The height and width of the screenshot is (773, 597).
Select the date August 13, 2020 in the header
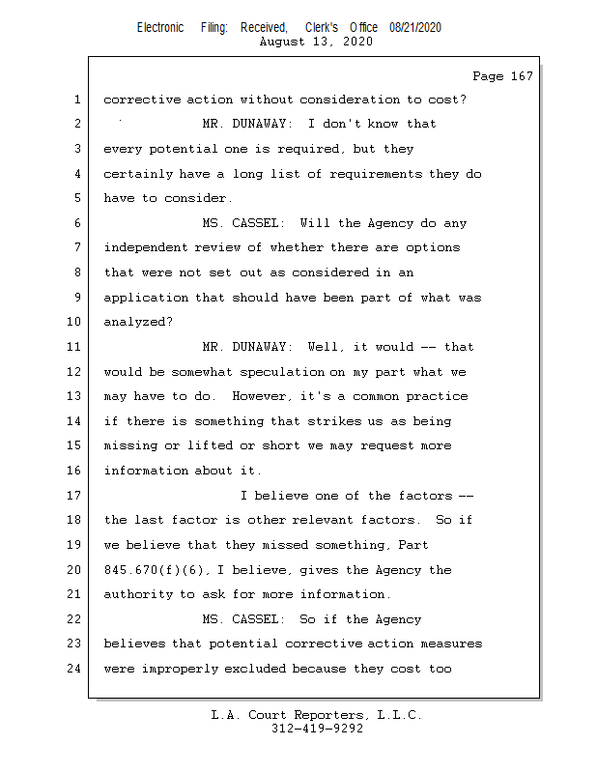pos(316,42)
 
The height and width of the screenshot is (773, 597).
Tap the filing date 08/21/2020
pos(415,28)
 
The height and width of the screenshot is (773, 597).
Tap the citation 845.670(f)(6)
pos(154,570)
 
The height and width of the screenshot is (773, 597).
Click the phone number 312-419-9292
pos(317,730)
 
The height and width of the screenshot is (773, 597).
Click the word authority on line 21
pos(137,594)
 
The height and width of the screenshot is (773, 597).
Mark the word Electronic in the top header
pos(160,28)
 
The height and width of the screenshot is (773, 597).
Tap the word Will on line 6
pos(315,223)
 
